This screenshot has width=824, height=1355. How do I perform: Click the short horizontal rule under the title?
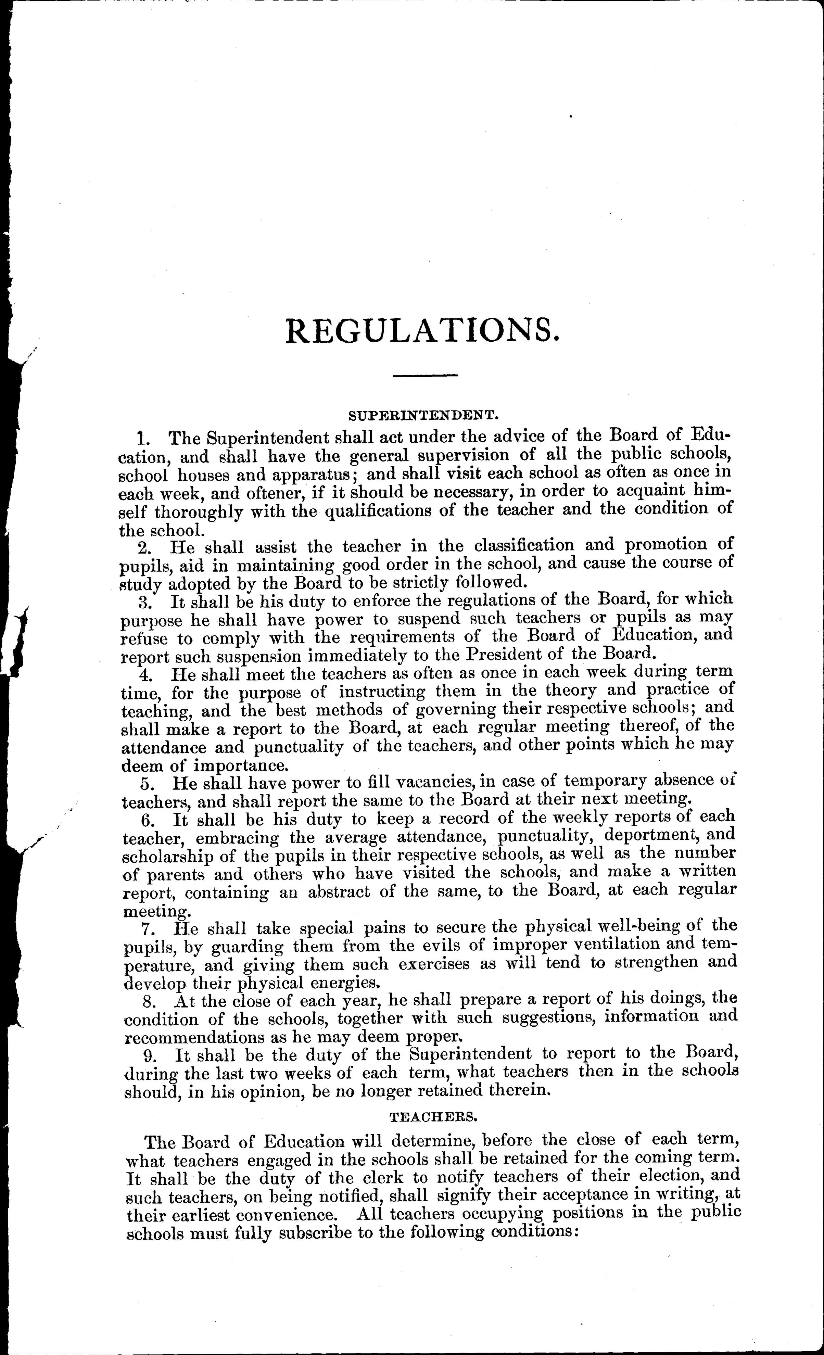coord(425,376)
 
